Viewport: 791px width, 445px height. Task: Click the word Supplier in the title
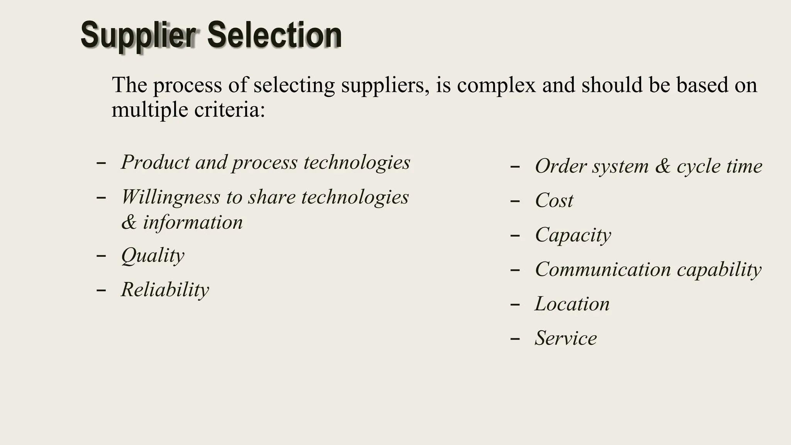click(138, 36)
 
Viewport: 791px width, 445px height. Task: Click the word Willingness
click(170, 197)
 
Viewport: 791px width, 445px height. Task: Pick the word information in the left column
click(193, 222)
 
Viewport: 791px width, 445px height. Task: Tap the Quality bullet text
click(153, 256)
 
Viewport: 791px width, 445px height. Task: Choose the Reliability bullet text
click(165, 290)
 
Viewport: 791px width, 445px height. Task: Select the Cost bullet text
click(554, 200)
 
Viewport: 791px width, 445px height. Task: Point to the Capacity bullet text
click(573, 235)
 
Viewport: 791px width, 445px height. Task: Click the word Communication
click(603, 269)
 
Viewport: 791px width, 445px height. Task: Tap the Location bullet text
click(572, 304)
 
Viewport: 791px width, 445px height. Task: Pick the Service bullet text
click(565, 338)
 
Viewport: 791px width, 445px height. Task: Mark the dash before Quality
click(101, 256)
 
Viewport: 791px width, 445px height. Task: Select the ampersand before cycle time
click(663, 166)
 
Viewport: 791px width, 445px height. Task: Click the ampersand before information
click(129, 223)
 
